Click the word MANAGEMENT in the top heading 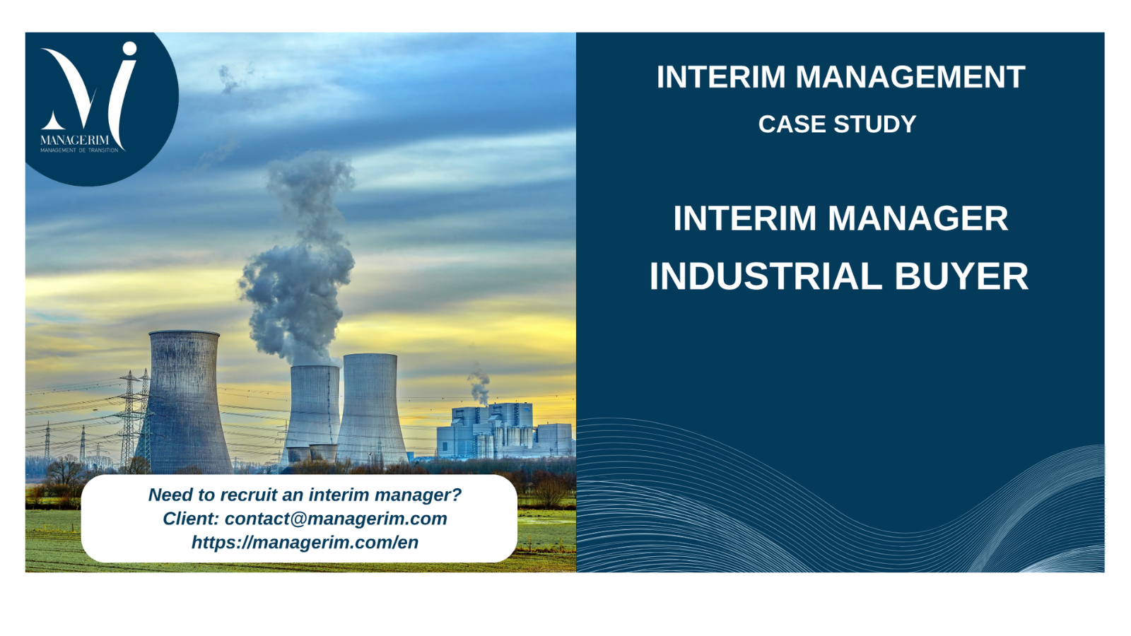tap(910, 77)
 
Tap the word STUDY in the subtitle tap(875, 124)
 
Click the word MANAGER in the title tap(918, 218)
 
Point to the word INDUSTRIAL tap(766, 276)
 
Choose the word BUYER tap(961, 276)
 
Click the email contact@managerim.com tap(336, 519)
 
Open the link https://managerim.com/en tap(305, 543)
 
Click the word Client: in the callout tap(191, 519)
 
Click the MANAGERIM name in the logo tap(75, 140)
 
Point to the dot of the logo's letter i tap(130, 49)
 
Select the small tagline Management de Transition tap(79, 150)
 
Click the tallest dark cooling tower tap(184, 401)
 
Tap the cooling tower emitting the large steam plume tap(312, 411)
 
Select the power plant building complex tap(505, 430)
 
